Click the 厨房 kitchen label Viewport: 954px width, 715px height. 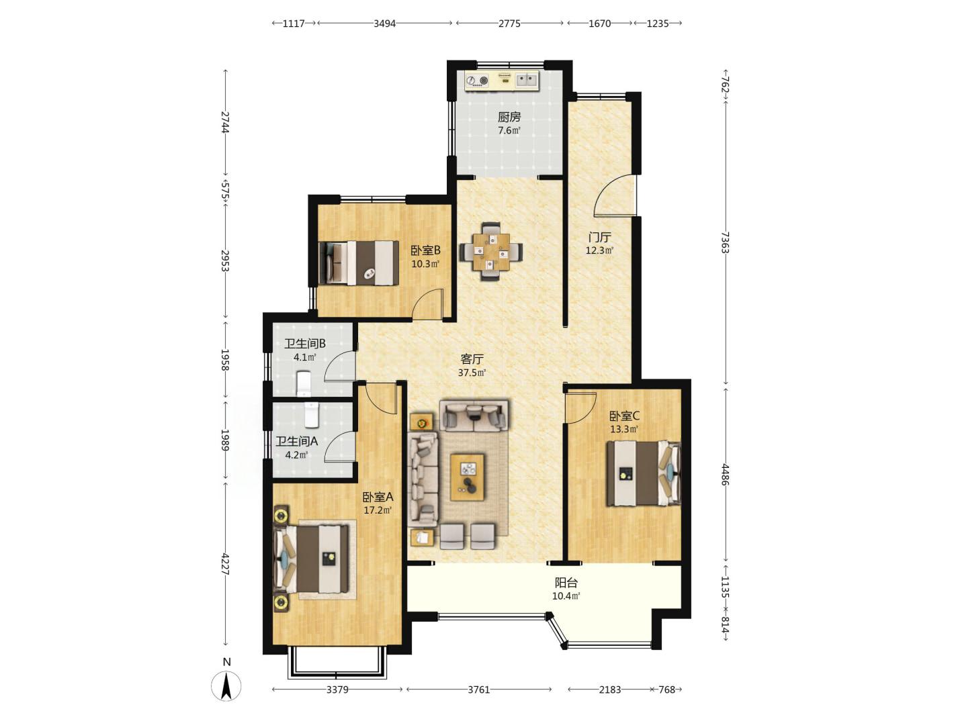coord(509,117)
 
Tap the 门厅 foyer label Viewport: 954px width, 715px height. coord(599,237)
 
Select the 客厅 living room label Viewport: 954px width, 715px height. coord(472,359)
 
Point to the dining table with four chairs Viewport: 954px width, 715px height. coord(491,251)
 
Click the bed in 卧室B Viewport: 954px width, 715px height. coord(359,263)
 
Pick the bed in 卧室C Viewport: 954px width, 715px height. coord(644,473)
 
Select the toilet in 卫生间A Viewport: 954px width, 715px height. coord(312,415)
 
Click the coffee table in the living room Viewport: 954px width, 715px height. coord(468,477)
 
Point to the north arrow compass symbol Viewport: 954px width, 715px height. coord(226,685)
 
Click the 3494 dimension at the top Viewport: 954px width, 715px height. coord(385,23)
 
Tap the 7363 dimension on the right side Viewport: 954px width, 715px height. coord(724,242)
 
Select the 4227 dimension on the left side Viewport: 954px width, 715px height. coord(224,563)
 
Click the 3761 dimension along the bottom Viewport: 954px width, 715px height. coord(478,689)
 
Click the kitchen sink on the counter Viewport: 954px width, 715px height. coord(527,79)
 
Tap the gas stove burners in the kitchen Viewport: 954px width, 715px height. coord(477,81)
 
